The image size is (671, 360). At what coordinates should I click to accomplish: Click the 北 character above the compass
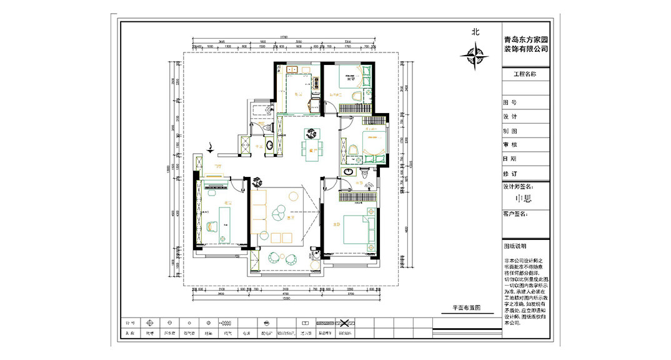(x=475, y=32)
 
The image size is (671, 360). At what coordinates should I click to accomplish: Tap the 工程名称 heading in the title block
(x=525, y=74)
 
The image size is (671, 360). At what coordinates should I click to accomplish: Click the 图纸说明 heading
(x=515, y=246)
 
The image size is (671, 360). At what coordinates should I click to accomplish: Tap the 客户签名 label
(x=515, y=214)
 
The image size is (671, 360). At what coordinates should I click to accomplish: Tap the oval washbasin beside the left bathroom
(x=270, y=145)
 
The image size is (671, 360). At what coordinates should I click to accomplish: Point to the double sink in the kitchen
(x=292, y=70)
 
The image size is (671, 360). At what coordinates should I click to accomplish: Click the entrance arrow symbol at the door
(x=211, y=148)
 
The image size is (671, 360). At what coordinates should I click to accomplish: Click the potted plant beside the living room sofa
(x=256, y=182)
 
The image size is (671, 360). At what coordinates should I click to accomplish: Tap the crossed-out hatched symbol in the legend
(x=343, y=323)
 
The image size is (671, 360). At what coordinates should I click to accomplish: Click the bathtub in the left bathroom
(x=261, y=109)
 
